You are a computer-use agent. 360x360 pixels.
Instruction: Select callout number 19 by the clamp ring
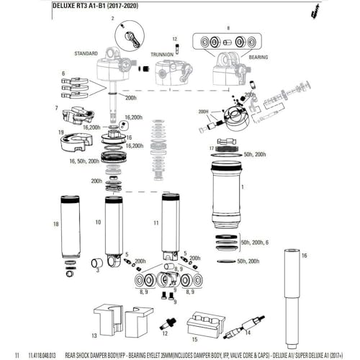coord(61,132)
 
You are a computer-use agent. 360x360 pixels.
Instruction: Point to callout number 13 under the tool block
coord(95,336)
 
